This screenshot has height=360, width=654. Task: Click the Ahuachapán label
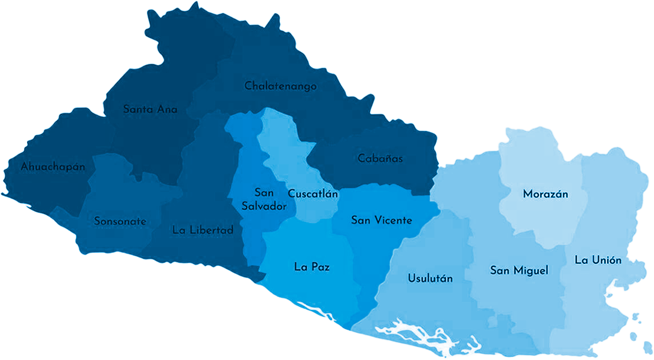pos(53,166)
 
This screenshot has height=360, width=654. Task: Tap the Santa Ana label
pos(150,110)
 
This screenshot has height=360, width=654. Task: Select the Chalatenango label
pos(280,86)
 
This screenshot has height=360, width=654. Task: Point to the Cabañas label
pos(380,159)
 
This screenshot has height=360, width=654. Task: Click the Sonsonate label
pos(120,221)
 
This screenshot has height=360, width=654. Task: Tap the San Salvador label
pos(264,200)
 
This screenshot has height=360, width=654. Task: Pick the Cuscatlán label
pos(313,194)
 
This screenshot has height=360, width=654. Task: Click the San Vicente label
pos(382,220)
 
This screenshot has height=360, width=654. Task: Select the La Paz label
pos(312,266)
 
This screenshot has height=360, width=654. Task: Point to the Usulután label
pos(430,279)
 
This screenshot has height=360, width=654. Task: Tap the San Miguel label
pos(519,271)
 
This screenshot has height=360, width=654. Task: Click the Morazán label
pos(546,194)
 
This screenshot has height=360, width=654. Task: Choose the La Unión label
pos(598,260)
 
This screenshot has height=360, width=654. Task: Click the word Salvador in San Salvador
pos(264,206)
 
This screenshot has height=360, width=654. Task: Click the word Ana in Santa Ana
pos(167,110)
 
